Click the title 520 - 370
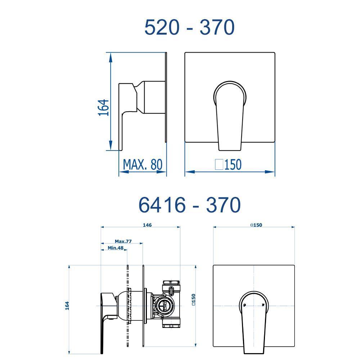coord(189,27)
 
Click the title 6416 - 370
coord(189,205)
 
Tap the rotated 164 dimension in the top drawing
coord(103,107)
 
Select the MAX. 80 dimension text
coord(143,165)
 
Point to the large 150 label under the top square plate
coord(233,165)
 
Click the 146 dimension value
coord(147,225)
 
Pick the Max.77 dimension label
coord(123,241)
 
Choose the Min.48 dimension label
coord(116,248)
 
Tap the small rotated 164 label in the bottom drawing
coord(67,306)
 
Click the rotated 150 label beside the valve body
coord(193,299)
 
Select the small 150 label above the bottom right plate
coord(256,225)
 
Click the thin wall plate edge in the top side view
coord(166,97)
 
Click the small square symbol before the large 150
coord(219,165)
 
